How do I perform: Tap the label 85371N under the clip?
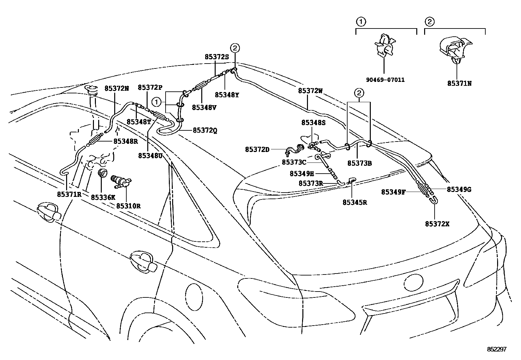tap(459, 83)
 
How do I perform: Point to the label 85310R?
tap(128, 206)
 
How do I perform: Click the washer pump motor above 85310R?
tap(121, 182)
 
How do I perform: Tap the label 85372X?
tap(437, 224)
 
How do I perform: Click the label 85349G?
tap(459, 189)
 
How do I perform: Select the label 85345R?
tap(355, 202)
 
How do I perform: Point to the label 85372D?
tap(257, 149)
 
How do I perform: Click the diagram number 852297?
tap(496, 349)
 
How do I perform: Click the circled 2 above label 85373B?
tap(359, 93)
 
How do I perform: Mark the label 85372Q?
tap(205, 130)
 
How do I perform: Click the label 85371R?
tap(69, 194)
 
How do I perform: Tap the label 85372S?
tap(217, 56)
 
